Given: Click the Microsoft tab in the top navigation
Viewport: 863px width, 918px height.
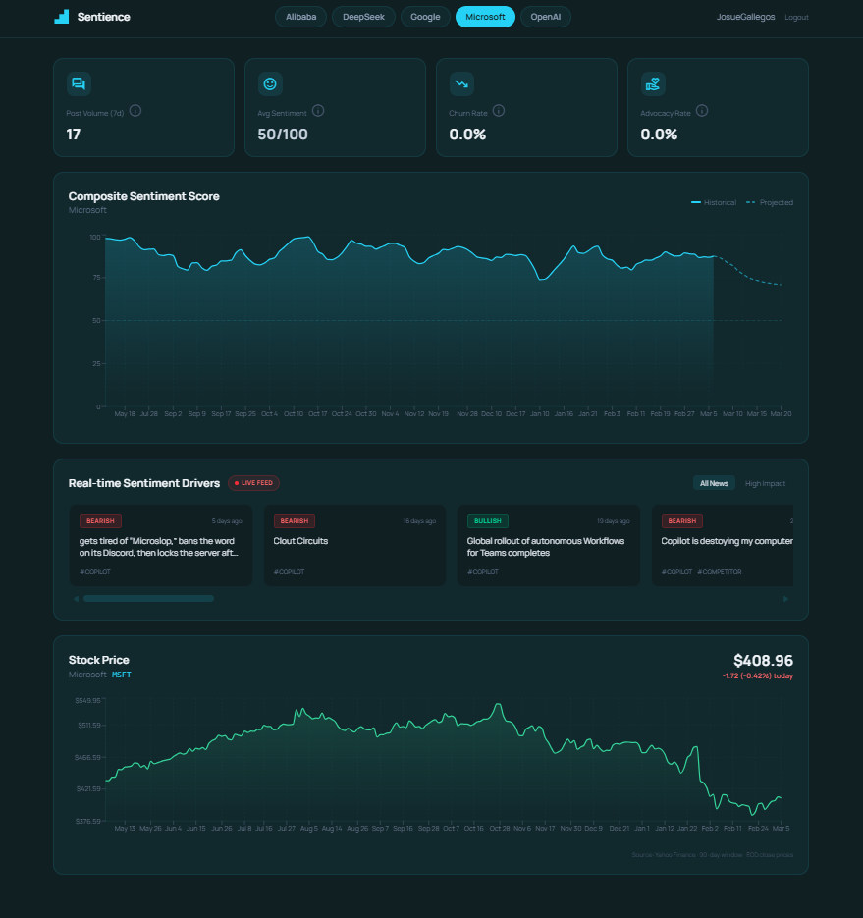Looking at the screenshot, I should pos(485,17).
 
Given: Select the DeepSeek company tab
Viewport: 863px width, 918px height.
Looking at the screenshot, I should pos(363,17).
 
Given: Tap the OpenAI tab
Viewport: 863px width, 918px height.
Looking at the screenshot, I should pos(545,17).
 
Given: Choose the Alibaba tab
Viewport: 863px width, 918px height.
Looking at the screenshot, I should pos(300,17).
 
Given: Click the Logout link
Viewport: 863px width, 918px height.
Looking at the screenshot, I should pos(796,18).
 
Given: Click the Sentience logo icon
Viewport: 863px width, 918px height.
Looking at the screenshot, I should pos(62,17).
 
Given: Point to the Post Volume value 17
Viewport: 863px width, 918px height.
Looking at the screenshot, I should pos(74,135).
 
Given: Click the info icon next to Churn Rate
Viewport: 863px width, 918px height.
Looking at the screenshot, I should pos(499,111).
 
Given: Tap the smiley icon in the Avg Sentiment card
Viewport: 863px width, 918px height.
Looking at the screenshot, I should pos(270,84).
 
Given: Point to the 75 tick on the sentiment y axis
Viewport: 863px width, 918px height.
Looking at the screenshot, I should pos(95,278).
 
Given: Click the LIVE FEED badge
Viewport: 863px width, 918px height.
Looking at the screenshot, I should pos(254,483).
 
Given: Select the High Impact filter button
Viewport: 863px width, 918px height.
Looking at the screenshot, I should pos(765,483).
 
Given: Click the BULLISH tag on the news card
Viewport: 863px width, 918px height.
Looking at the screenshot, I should pos(487,521).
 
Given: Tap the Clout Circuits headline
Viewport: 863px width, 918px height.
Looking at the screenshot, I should pos(301,541).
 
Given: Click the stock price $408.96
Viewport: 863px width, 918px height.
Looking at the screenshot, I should pos(763,661).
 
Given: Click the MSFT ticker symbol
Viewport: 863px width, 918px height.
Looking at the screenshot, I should pos(121,675).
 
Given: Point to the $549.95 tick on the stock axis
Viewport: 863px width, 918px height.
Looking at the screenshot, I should pos(87,701).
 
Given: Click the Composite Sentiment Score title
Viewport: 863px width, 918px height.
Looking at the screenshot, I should pos(144,196).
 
